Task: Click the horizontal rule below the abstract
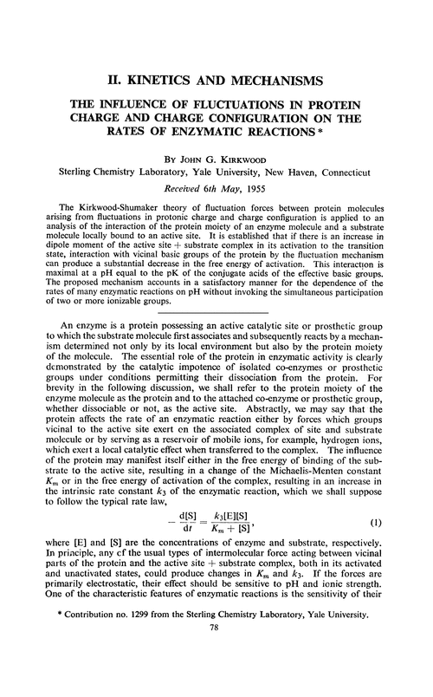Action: (x=216, y=309)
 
